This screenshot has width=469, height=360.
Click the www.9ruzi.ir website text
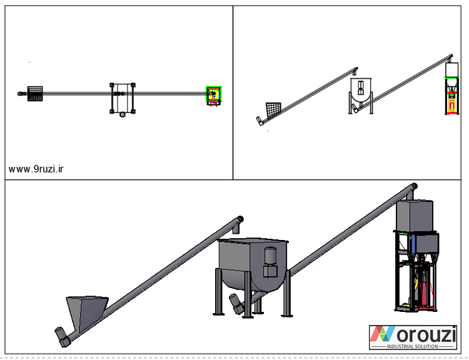pos(36,169)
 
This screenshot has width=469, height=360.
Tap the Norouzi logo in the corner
pos(413,337)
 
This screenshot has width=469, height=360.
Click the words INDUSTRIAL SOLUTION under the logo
pos(413,346)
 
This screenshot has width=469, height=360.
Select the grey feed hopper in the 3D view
pos(87,312)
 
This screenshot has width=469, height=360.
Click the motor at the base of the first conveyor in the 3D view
pos(62,337)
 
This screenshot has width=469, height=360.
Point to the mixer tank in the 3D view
pos(253,264)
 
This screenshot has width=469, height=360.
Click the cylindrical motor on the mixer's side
pos(270,256)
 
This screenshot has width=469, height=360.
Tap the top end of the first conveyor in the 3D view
pos(240,219)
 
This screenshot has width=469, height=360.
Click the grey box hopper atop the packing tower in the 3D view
pos(415,215)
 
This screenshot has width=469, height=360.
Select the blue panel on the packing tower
pos(413,243)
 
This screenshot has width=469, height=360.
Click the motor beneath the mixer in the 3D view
pos(237,304)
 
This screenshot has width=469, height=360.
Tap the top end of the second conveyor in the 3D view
pos(414,186)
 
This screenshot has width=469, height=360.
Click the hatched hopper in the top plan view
pos(35,94)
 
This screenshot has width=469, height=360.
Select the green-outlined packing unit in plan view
pos(214,94)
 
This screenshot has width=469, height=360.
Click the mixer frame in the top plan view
pos(123,98)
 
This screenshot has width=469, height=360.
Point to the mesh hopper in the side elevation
pos(273,109)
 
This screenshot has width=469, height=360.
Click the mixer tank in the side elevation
pos(361,90)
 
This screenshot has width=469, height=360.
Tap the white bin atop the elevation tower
pos(451,69)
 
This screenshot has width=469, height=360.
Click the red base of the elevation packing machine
pos(451,112)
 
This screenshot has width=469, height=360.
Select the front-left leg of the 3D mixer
pos(248,294)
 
